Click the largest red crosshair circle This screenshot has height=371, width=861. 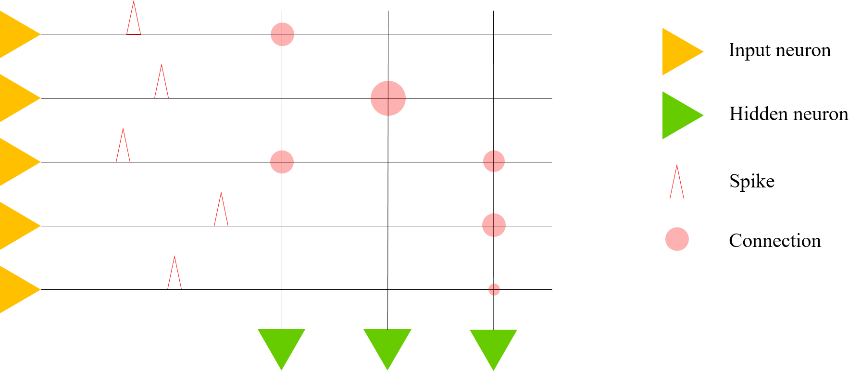tap(388, 99)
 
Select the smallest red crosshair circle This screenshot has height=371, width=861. tap(494, 289)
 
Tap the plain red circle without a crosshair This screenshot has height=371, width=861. tap(677, 239)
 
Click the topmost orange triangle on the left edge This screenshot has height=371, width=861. tap(17, 35)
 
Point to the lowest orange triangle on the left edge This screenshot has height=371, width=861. tap(17, 289)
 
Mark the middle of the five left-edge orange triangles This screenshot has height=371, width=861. tap(17, 162)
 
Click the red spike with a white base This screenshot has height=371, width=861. tap(677, 185)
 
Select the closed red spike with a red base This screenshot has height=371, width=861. tap(134, 22)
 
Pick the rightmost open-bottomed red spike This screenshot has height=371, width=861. tap(221, 211)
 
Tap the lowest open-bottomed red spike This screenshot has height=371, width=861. tap(175, 275)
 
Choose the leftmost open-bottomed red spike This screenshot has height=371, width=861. tap(123, 148)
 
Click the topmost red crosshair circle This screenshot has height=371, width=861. tap(282, 35)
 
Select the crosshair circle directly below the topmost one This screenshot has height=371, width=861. tap(282, 162)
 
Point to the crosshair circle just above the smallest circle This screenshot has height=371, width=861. tap(494, 225)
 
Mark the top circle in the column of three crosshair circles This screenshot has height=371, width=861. tap(494, 161)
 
